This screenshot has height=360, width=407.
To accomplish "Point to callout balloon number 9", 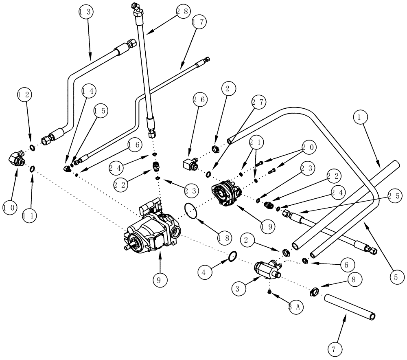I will coord(160,280).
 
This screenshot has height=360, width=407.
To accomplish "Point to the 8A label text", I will coord(295,307).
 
